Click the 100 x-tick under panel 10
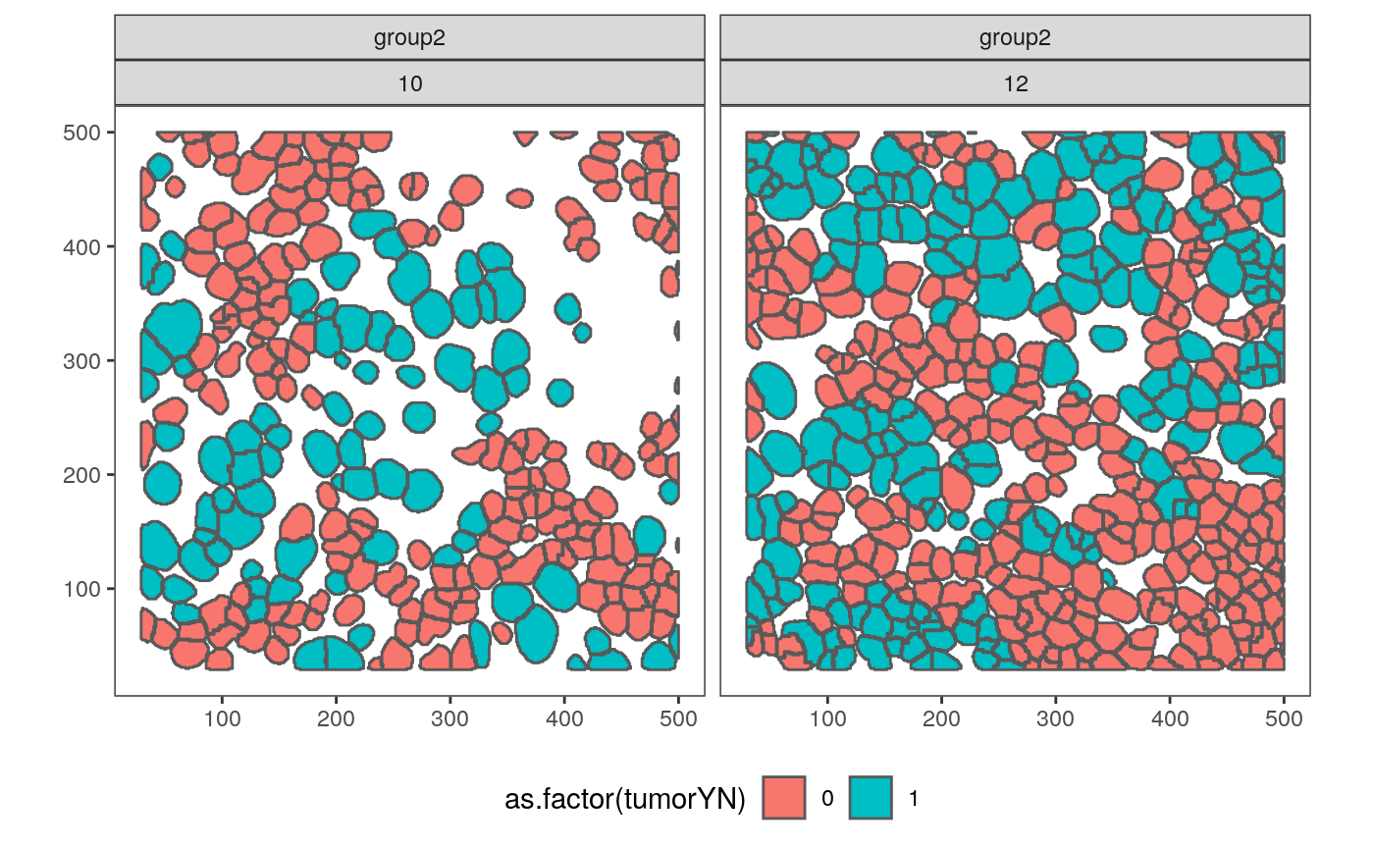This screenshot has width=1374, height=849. click(x=222, y=718)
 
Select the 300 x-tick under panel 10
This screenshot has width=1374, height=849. click(x=449, y=718)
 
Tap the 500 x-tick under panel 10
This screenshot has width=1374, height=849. click(x=678, y=718)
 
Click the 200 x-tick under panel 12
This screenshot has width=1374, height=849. click(x=941, y=718)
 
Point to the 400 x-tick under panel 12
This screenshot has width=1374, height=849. click(x=1170, y=718)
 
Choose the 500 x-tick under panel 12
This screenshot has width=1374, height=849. click(x=1284, y=718)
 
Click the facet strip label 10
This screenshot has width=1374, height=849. click(x=410, y=83)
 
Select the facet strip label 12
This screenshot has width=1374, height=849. click(x=1016, y=83)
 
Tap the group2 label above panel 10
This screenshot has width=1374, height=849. click(x=410, y=38)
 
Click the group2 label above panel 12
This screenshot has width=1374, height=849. click(x=1016, y=38)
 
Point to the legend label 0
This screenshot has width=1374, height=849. click(x=827, y=800)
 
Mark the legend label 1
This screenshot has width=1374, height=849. click(x=914, y=800)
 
